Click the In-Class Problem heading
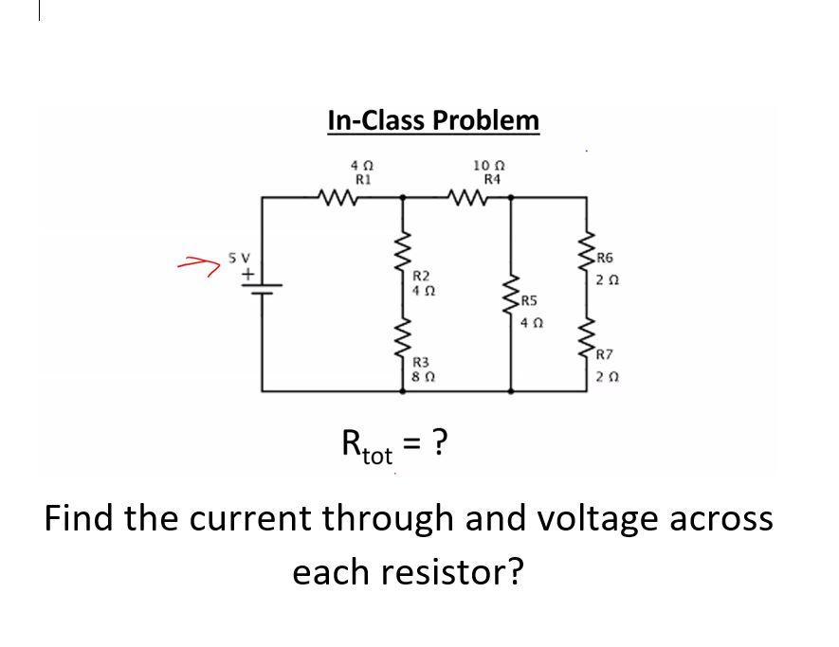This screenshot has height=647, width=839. [433, 121]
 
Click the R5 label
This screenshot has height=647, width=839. [529, 303]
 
